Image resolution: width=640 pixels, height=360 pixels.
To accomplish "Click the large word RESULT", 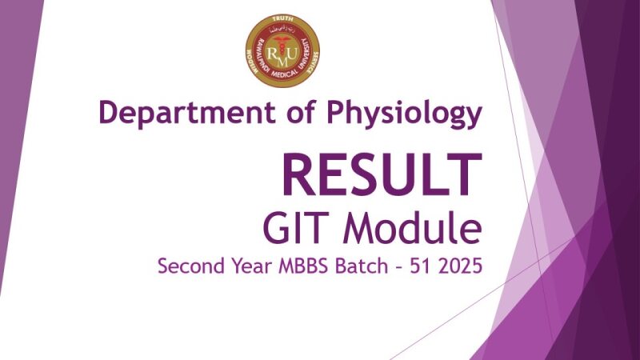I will [381, 174].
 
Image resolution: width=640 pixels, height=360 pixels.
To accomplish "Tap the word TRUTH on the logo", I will [282, 20].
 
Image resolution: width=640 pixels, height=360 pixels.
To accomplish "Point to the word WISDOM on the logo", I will [251, 54].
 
